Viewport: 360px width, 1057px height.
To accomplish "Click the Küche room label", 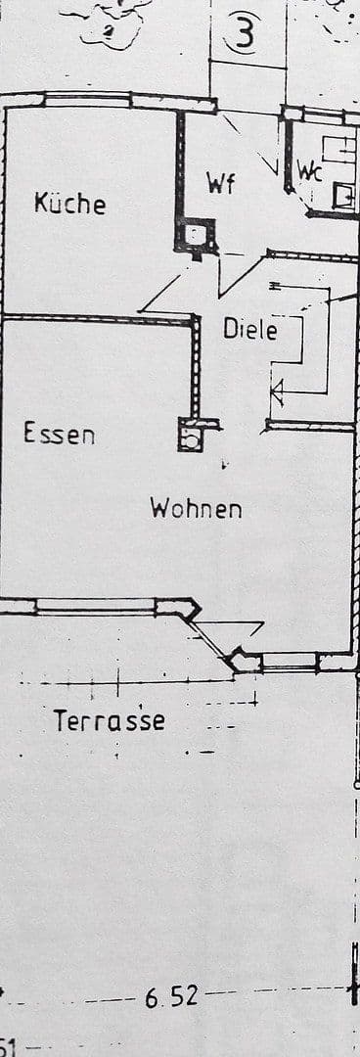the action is click(x=69, y=204).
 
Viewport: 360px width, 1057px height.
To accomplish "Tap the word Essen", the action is click(x=60, y=433).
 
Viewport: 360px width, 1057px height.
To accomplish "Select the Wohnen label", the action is click(x=196, y=509).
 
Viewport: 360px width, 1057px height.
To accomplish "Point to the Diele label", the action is click(x=250, y=330).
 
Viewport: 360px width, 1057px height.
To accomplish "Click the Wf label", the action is click(x=221, y=183).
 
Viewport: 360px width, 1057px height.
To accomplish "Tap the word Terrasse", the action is click(x=109, y=722).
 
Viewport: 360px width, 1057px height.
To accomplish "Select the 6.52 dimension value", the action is click(x=171, y=997).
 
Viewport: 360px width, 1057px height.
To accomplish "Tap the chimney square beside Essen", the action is click(x=191, y=436).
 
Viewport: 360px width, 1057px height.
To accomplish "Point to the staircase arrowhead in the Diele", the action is click(x=276, y=393).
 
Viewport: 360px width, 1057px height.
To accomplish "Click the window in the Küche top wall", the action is click(x=88, y=99).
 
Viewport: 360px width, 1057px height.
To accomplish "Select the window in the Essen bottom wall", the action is click(x=95, y=606).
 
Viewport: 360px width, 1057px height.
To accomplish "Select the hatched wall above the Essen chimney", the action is click(x=196, y=367).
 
